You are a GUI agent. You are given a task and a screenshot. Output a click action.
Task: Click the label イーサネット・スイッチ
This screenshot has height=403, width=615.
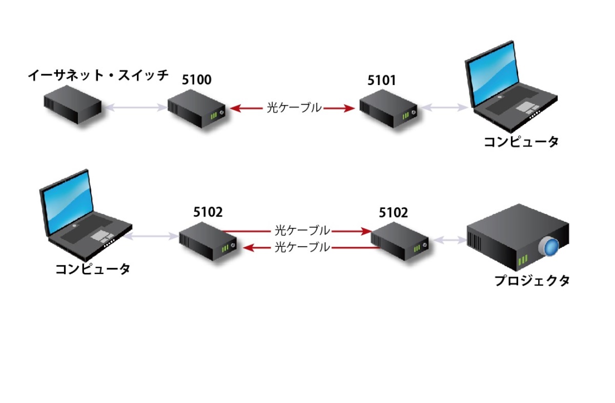click(98, 76)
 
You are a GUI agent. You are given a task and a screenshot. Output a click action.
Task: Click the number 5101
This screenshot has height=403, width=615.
click(382, 80)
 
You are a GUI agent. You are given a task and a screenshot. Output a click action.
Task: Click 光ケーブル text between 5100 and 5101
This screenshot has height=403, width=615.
click(294, 108)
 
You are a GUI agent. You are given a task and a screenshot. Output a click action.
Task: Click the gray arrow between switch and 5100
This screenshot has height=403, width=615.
click(134, 108)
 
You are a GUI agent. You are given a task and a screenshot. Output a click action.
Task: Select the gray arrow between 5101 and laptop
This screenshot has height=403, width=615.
click(444, 108)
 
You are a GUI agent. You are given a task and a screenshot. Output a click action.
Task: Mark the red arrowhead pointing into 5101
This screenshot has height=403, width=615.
click(350, 108)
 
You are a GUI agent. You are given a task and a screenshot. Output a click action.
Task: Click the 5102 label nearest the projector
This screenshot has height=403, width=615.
click(394, 213)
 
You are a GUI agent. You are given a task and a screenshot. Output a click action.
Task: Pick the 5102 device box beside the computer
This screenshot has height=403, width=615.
click(208, 243)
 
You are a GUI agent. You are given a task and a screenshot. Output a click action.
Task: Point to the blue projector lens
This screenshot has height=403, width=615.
click(550, 247)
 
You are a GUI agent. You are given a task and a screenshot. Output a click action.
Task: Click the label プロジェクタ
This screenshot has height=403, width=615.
click(531, 280)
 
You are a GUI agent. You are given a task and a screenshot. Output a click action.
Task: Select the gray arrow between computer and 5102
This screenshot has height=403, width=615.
click(151, 237)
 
